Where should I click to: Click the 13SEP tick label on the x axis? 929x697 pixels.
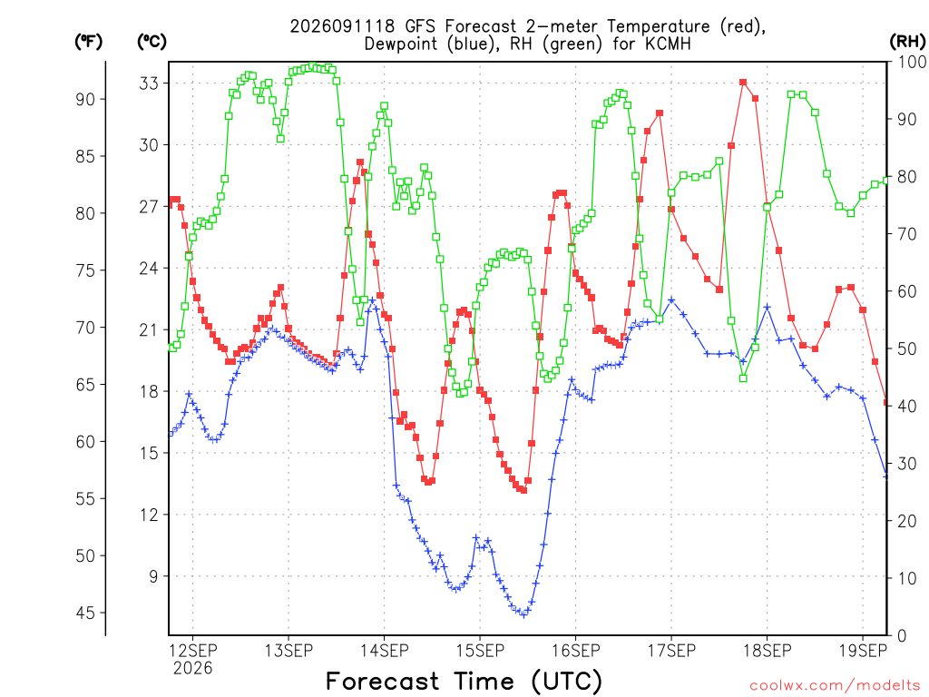coord(288,651)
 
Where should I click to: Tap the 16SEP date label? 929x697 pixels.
coord(575,651)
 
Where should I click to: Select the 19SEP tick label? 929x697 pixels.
coord(863,651)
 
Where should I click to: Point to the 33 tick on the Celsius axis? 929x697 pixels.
coord(150,83)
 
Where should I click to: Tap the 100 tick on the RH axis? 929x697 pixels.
coord(912,62)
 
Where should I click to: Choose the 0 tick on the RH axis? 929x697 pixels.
coord(901,636)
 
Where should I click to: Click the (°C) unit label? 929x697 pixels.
coord(152,42)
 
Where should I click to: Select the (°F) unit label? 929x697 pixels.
coord(88,42)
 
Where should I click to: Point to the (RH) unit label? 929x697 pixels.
coord(907,42)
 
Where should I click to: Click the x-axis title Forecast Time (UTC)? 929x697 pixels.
coord(464,681)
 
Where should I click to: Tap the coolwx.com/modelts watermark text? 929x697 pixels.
coord(835,686)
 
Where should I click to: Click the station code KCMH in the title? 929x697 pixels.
coord(668,44)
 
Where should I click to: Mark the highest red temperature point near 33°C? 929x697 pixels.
coord(743,83)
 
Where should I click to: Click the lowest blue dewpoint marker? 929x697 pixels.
coord(523,614)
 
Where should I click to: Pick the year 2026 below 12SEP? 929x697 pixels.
coord(192,669)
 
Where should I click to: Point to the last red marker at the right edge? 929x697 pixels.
coord(886,402)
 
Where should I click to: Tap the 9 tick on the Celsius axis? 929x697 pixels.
coord(154,576)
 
